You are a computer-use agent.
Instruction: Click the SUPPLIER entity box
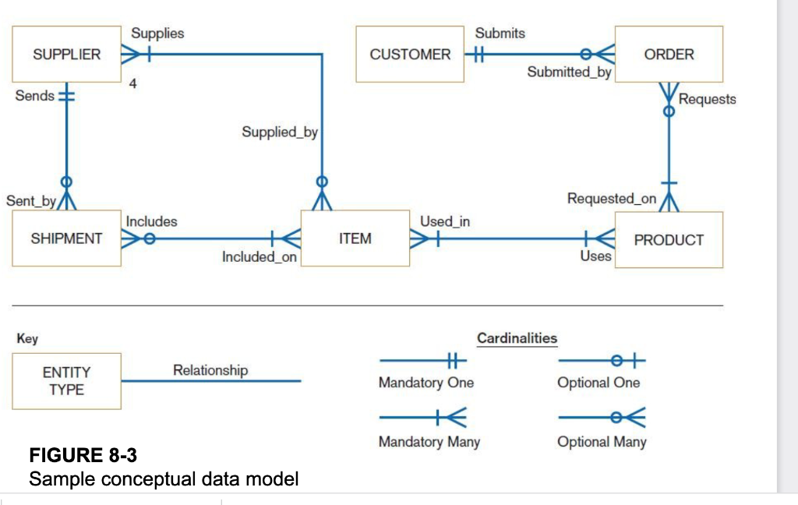point(66,55)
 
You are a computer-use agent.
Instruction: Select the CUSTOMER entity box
point(410,55)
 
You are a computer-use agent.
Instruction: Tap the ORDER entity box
point(669,55)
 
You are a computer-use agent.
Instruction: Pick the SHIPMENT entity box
point(66,239)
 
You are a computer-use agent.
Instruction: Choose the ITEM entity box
point(355,239)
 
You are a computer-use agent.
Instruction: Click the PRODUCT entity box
point(669,240)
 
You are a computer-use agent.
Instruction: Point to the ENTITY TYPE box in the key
point(66,381)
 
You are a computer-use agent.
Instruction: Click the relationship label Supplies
point(157,34)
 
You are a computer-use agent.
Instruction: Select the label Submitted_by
point(569,72)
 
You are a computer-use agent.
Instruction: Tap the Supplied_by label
point(280,132)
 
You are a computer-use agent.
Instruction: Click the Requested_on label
point(612,199)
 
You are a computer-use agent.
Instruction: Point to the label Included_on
point(259,257)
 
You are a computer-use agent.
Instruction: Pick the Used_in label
point(445,221)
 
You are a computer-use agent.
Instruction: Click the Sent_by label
point(30,201)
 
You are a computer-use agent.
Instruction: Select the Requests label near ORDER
point(707,99)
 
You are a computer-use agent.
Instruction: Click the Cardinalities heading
point(517,338)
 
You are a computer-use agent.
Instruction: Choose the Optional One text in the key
point(598,383)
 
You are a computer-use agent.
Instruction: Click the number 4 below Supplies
point(133,84)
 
